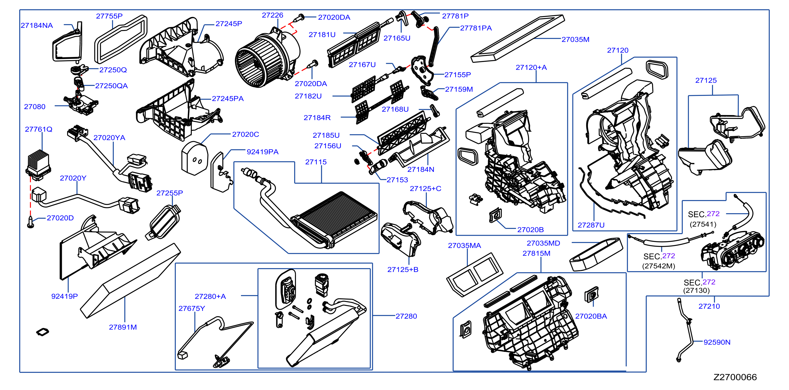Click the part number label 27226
(x=272, y=15)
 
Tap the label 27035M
(x=575, y=39)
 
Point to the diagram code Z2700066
(x=735, y=377)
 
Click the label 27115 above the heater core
(x=316, y=162)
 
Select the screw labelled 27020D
(x=30, y=222)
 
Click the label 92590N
(x=717, y=342)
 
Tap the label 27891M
(x=123, y=327)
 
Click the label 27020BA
(x=591, y=316)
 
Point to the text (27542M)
(x=659, y=266)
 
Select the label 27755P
(x=109, y=16)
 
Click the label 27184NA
(x=37, y=25)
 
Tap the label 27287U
(x=591, y=225)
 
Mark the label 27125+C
(x=426, y=188)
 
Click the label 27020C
(x=245, y=134)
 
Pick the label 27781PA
(x=476, y=28)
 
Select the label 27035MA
(x=464, y=245)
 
